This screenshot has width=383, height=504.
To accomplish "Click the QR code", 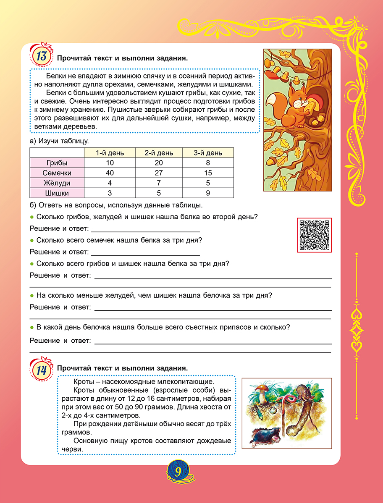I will (x=314, y=235).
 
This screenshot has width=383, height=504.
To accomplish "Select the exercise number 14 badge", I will (x=42, y=369).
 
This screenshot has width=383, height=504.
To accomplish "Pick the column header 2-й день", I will (x=159, y=152).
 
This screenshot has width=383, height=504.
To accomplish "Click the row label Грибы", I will (x=57, y=163).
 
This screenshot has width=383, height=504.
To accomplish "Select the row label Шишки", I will (x=57, y=193).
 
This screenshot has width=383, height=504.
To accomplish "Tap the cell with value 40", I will (x=110, y=173).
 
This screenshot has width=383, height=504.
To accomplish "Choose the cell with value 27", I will (x=159, y=173).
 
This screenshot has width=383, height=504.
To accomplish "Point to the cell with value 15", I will (x=208, y=173).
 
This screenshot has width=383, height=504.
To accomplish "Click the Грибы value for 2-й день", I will (x=159, y=163).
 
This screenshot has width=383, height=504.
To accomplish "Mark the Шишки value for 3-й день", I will (x=208, y=193).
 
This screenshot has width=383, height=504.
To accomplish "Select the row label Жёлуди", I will (x=57, y=183).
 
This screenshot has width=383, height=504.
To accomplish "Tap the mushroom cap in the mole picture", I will (x=262, y=387).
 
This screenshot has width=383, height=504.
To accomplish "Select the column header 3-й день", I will (x=208, y=152).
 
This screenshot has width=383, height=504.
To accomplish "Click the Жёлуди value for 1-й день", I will (x=110, y=183).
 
